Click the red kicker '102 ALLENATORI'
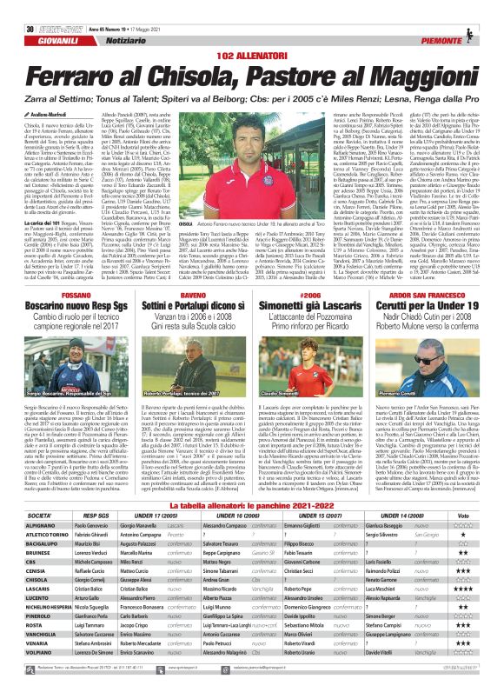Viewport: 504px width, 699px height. click(251, 30)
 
